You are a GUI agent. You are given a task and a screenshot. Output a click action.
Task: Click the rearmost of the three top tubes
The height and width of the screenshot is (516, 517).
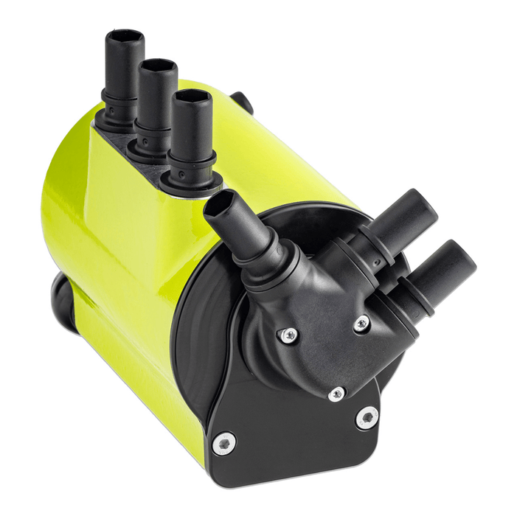[x=122, y=74]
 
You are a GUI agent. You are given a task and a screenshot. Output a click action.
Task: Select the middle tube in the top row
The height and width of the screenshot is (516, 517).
[x=156, y=103]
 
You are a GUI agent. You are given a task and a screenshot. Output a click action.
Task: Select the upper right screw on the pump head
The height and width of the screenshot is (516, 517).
[x=361, y=323]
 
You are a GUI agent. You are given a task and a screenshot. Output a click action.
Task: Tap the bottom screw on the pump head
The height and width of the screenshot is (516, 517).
[x=336, y=394]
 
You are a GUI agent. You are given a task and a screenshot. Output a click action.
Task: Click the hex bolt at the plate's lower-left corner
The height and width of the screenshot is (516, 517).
[x=223, y=443]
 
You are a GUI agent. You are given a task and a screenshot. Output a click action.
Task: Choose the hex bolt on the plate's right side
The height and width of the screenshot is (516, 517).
[x=367, y=418]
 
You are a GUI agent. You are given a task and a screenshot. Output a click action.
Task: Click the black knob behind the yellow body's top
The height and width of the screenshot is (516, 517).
[x=242, y=102]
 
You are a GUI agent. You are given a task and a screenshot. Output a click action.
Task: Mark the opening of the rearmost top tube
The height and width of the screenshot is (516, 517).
[x=124, y=36]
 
